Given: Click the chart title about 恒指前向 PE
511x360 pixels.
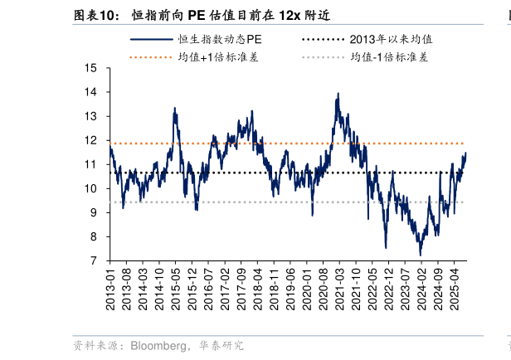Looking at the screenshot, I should coord(231,15).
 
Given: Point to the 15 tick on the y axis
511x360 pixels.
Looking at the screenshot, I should coord(91,68).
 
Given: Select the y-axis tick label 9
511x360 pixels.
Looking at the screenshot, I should coord(95,212).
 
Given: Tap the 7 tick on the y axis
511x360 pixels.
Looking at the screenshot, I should coord(95,260).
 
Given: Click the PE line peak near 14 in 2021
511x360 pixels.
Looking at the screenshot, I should coord(338,94).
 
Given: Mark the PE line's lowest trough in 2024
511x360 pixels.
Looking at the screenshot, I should coord(421,255).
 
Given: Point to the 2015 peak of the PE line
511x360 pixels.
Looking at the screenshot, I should coord(174,108).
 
